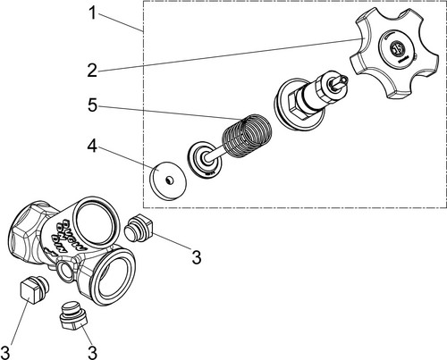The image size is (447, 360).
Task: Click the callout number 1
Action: tap(93, 13)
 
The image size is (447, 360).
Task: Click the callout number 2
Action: tap(92, 71)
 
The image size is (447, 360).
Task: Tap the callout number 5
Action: tap(93, 105)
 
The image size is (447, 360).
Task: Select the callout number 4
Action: tap(92, 146)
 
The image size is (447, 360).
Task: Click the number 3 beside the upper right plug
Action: tap(197, 257)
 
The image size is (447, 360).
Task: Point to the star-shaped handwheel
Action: tap(394, 53)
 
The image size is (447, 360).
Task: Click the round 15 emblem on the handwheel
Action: tap(397, 48)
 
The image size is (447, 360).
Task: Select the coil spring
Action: tap(248, 135)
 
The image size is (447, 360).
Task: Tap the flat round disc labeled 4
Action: tap(168, 181)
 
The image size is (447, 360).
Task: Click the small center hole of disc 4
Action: tap(169, 180)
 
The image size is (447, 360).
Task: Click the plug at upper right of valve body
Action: tap(139, 228)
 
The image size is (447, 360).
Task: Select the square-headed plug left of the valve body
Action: tap(34, 289)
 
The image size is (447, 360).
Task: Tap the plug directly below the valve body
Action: tap(74, 315)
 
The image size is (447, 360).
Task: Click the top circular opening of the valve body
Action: tap(97, 221)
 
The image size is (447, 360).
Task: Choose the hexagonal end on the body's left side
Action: tap(26, 231)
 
